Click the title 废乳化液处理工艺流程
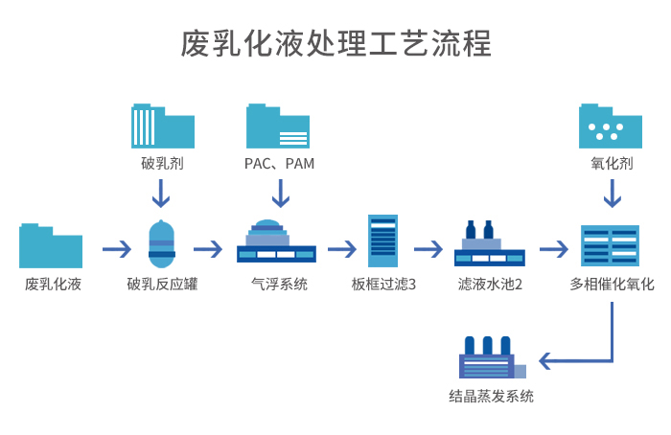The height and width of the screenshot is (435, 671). click(335, 43)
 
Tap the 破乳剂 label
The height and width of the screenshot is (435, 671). click(161, 164)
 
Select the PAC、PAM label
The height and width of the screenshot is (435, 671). click(279, 164)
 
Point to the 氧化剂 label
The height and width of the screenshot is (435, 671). click(611, 164)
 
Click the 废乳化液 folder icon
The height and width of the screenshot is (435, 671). click(51, 246)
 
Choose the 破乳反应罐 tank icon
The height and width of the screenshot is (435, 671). click(161, 246)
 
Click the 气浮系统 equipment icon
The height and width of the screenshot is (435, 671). click(276, 242)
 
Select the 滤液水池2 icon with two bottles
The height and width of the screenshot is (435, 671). click(489, 244)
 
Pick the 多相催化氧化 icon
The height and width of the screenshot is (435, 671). click(611, 246)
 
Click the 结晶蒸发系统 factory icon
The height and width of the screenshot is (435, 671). click(491, 359)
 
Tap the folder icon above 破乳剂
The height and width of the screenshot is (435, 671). click(162, 124)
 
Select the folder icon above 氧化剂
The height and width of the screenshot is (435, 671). click(611, 124)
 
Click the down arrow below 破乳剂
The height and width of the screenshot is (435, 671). click(161, 194)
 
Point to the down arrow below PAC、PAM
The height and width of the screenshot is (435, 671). click(279, 194)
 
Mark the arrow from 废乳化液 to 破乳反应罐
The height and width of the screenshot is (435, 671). click(117, 249)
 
